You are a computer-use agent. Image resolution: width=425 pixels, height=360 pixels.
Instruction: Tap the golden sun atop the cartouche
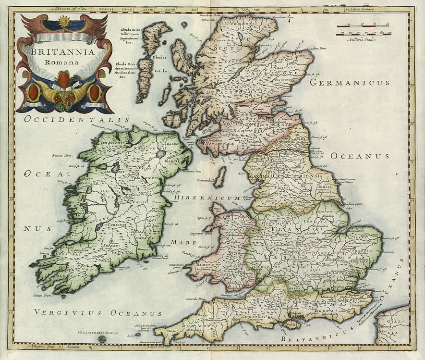coord(64,22)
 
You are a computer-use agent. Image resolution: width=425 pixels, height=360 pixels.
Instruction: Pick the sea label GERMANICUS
coord(349,83)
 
